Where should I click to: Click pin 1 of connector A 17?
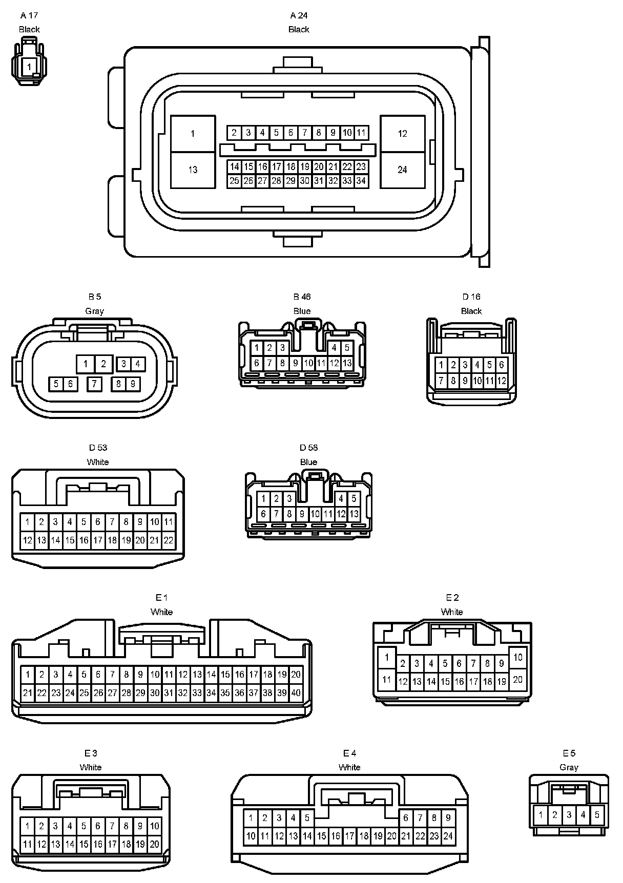[x=29, y=67]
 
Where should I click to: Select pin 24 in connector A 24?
[x=402, y=170]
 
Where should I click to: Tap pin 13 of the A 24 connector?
[x=193, y=170]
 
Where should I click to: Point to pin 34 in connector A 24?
[x=361, y=181]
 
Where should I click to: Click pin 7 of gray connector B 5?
[x=94, y=384]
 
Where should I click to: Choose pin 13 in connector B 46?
[x=347, y=363]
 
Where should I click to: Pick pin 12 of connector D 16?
[x=502, y=381]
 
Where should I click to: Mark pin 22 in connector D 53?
[x=169, y=540]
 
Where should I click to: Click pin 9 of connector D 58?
[x=302, y=514]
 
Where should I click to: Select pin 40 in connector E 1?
[x=296, y=693]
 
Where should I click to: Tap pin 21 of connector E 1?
[x=28, y=693]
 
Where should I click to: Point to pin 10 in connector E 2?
[x=517, y=657]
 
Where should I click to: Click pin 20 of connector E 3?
[x=154, y=844]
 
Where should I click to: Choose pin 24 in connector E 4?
[x=448, y=836]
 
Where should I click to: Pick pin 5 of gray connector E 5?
[x=597, y=814]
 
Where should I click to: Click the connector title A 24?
[x=299, y=15]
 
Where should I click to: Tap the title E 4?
[x=349, y=753]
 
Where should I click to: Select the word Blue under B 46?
[x=302, y=311]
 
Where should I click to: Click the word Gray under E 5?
[x=569, y=767]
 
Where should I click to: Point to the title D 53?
[x=97, y=448]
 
